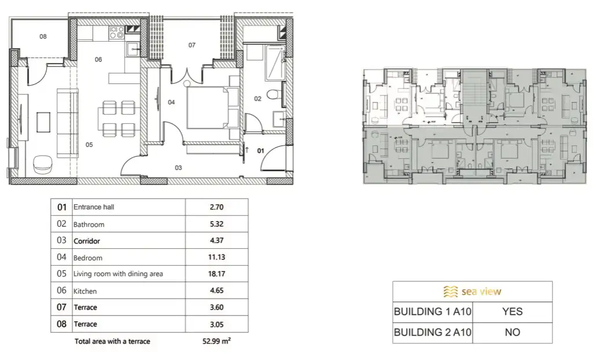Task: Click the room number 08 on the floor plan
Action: click(x=43, y=36)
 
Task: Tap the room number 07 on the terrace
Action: click(x=192, y=45)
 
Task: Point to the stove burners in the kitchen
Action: click(x=116, y=31)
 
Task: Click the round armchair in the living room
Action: click(x=43, y=164)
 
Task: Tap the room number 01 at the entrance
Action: click(x=260, y=150)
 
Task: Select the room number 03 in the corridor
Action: click(x=178, y=168)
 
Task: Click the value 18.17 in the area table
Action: click(x=216, y=274)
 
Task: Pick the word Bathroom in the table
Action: click(x=89, y=224)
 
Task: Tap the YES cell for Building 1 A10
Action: click(x=512, y=311)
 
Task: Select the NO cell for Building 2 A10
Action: click(x=512, y=332)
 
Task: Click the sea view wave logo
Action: click(x=450, y=291)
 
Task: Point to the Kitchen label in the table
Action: click(x=85, y=291)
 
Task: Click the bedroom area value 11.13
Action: click(x=216, y=258)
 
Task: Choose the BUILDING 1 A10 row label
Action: click(x=433, y=311)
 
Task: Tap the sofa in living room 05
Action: click(x=68, y=123)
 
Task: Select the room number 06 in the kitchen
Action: click(x=98, y=59)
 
